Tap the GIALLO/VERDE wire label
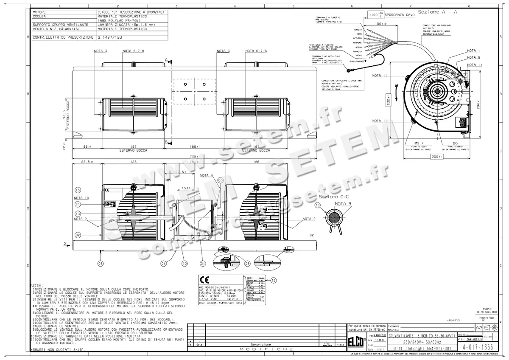click(x=355, y=61)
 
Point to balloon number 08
click(x=101, y=263)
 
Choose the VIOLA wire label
click(x=358, y=55)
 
